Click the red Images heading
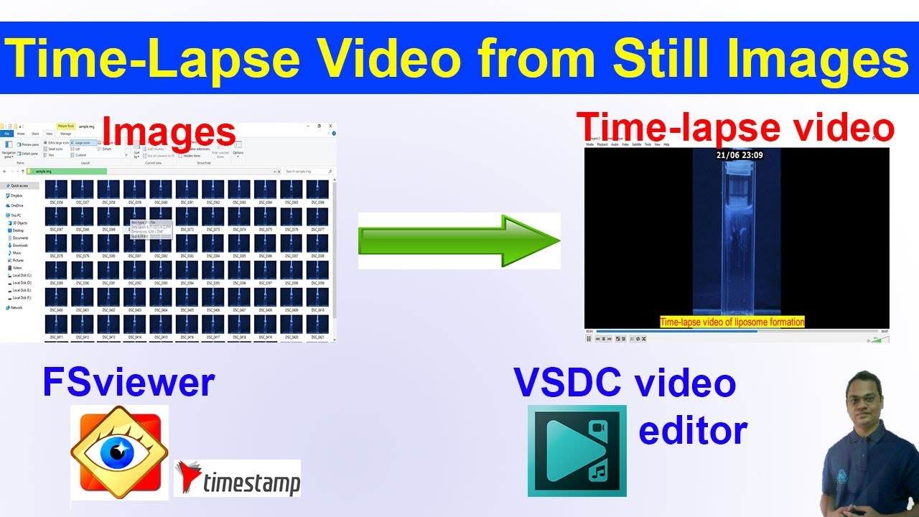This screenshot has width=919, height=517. (169, 133)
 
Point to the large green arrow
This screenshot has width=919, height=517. (459, 241)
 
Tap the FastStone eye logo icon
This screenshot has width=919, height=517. (119, 452)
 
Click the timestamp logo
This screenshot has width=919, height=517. (237, 478)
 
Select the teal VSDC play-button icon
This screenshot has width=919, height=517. (577, 450)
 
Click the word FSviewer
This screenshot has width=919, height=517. (129, 382)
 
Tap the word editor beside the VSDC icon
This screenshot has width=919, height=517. (693, 431)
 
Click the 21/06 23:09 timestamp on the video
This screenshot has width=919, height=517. (739, 154)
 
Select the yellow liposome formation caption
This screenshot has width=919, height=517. (732, 322)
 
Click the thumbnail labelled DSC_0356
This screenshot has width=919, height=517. (56, 190)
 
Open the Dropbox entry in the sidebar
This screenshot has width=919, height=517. (16, 195)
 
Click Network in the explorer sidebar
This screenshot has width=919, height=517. (16, 307)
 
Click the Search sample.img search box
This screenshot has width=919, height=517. (307, 172)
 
